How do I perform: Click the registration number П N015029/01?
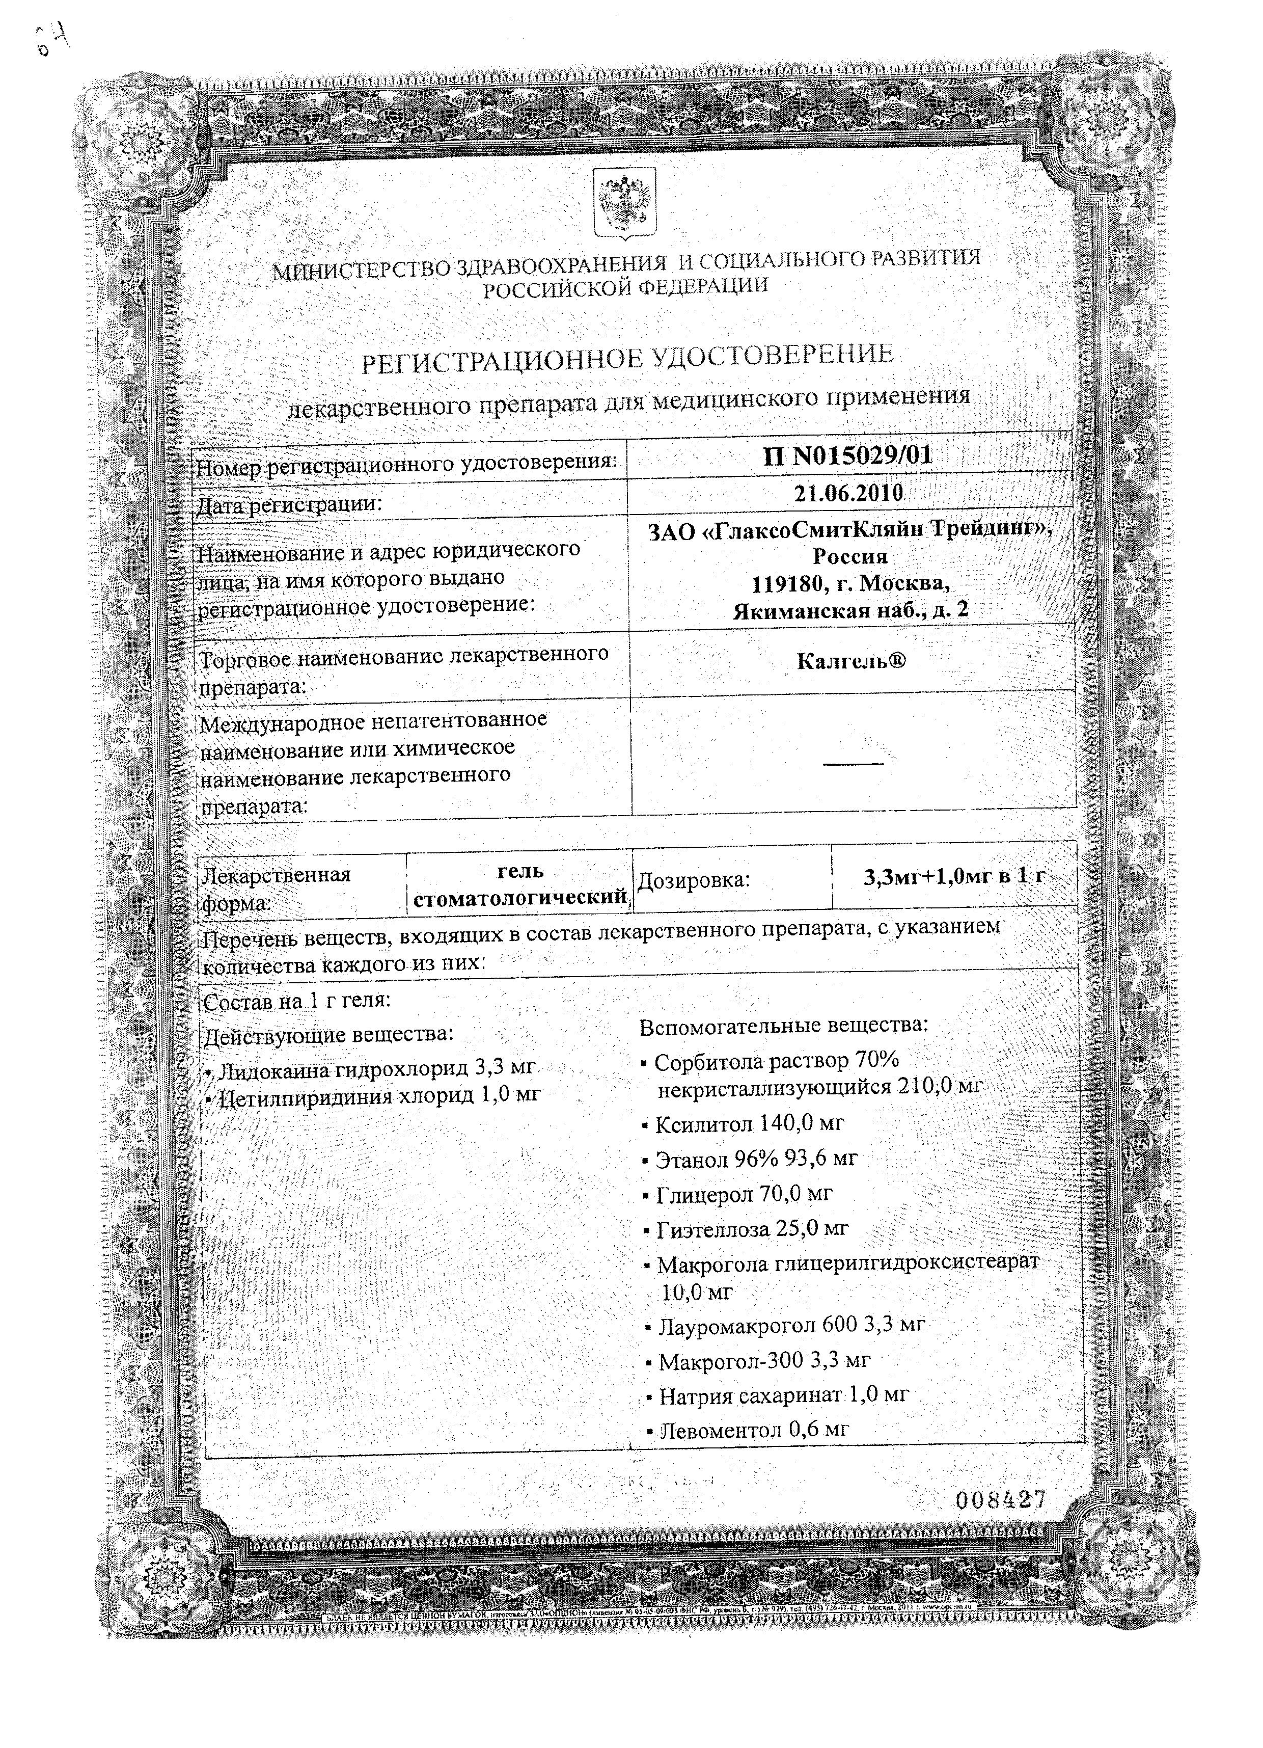click(847, 455)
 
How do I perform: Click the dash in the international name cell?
click(853, 764)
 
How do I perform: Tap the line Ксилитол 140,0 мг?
click(748, 1124)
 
